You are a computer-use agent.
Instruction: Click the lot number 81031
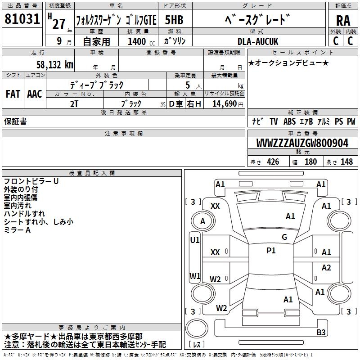(22, 20)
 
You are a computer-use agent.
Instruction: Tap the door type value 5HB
(174, 20)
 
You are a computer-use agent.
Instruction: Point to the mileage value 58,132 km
(55, 65)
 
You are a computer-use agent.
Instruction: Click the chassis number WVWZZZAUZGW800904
(302, 144)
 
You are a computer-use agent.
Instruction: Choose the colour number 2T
(74, 103)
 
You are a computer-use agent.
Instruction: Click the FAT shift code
(13, 94)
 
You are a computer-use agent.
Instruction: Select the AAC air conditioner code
(35, 94)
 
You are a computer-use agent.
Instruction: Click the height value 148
(346, 162)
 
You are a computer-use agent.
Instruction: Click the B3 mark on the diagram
(321, 333)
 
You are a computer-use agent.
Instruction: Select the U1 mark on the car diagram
(195, 240)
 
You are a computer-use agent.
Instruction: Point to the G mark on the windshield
(284, 237)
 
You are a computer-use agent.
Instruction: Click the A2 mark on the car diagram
(326, 268)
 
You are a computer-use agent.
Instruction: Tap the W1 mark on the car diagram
(195, 276)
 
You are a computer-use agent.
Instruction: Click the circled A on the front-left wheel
(202, 221)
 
